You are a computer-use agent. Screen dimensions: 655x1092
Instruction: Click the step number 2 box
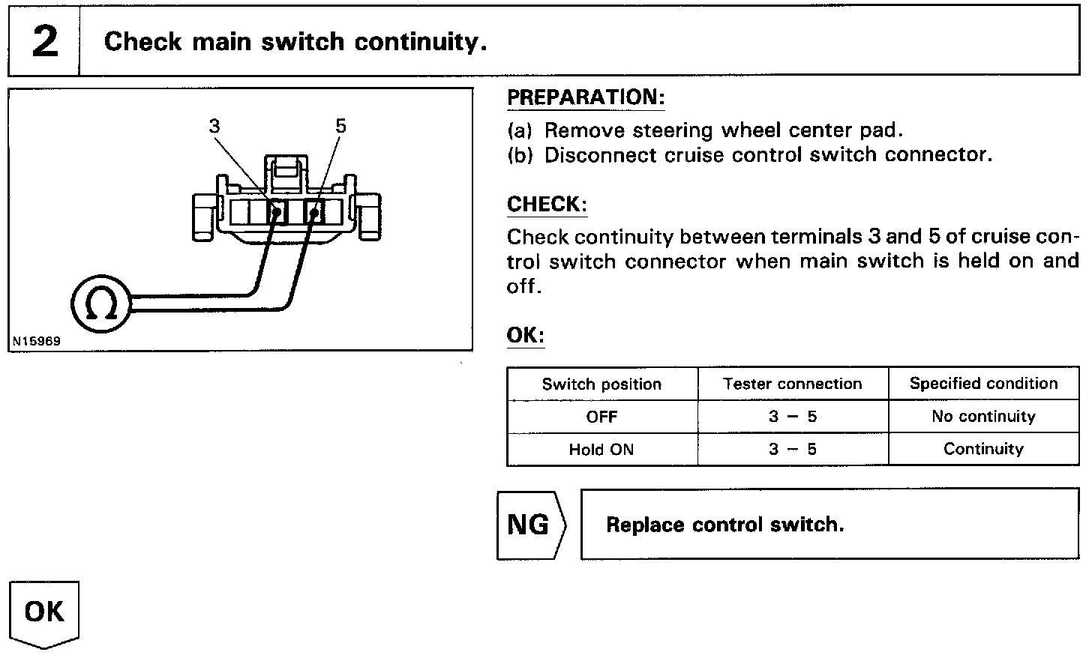coord(44,42)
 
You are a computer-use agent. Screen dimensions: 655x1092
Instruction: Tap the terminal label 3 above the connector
coord(215,126)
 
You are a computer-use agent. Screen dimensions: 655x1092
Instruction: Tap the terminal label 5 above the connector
coord(341,126)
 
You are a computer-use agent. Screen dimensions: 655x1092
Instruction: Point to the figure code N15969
coord(36,342)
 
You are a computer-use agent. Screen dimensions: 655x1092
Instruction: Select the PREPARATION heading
coord(586,98)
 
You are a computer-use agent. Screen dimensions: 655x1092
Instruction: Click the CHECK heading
coord(547,205)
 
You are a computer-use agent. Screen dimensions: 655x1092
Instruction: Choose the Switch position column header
coord(601,384)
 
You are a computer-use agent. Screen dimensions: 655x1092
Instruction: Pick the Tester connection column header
coord(793,384)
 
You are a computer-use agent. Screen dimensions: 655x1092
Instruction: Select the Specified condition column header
coord(983,384)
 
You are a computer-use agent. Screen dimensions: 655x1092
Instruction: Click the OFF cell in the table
coord(601,417)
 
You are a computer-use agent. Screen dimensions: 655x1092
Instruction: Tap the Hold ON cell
coord(601,450)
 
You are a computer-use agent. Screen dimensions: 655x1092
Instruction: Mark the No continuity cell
coord(983,417)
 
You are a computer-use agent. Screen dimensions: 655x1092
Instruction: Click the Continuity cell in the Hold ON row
coord(983,449)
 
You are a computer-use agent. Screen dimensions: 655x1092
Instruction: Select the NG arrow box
coord(530,525)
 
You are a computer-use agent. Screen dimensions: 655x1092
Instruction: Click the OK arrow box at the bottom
coord(44,612)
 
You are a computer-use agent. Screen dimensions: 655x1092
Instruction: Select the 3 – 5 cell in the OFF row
coord(793,417)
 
